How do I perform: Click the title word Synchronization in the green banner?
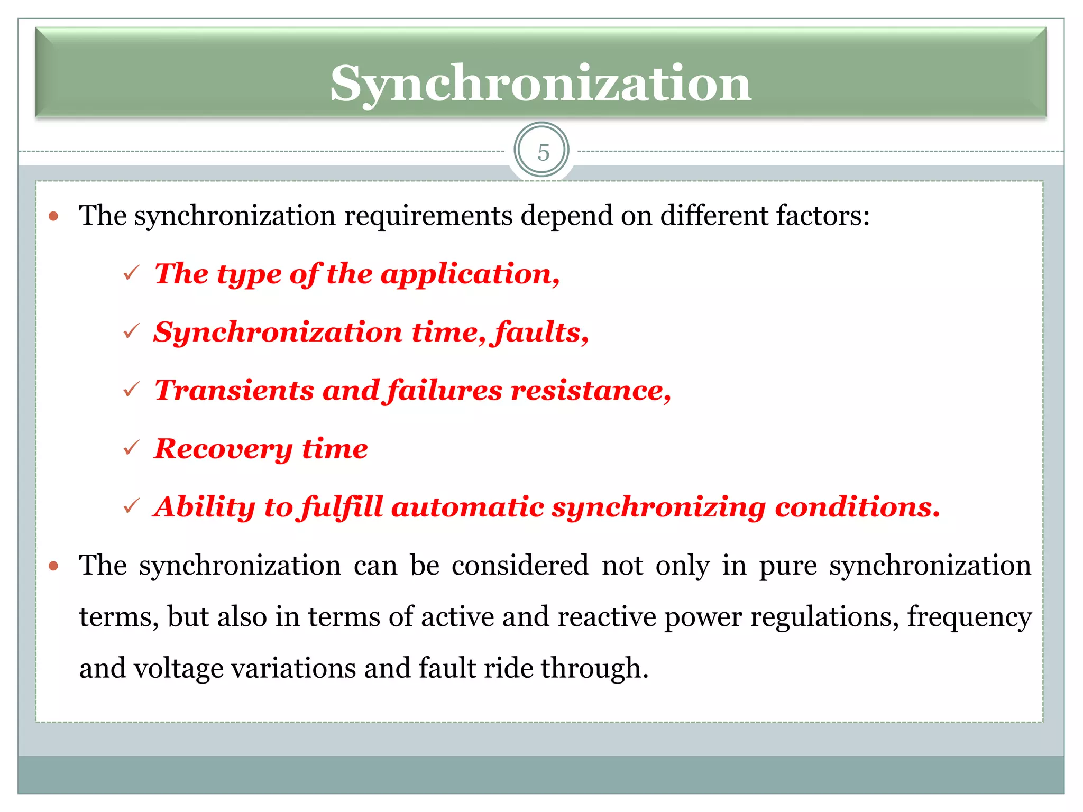coord(540,84)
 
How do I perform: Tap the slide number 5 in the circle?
coord(543,153)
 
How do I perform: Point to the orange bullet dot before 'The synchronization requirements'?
coord(53,216)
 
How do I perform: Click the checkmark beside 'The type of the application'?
coord(131,273)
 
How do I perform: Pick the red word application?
coord(470,274)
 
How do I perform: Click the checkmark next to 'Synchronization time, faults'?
coord(131,331)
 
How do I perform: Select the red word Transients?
coord(234,391)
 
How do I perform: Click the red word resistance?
coord(590,391)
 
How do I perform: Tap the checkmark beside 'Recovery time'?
coord(131,448)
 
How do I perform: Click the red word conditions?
coord(857,507)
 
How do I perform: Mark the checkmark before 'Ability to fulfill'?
coord(131,506)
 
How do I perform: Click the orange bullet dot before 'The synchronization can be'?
coord(53,566)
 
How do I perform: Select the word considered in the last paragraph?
coord(520,566)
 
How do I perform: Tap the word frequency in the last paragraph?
coord(969,617)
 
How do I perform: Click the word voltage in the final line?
coord(178,668)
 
